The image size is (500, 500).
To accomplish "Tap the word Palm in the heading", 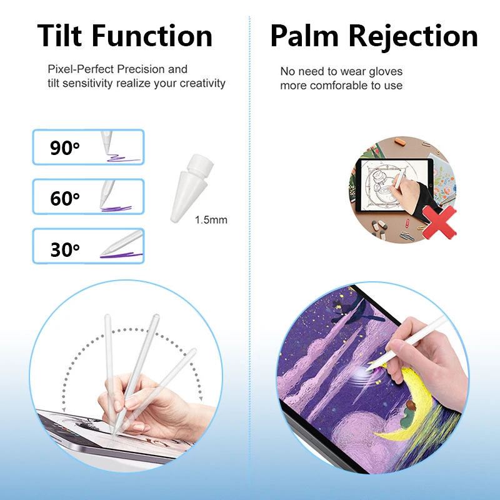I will click(307, 36).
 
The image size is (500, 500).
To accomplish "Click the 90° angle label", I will click(65, 148).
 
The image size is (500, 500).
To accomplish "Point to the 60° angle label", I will click(65, 198).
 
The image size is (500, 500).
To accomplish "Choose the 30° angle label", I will click(65, 249).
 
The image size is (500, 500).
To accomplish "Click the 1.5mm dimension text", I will click(211, 220).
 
